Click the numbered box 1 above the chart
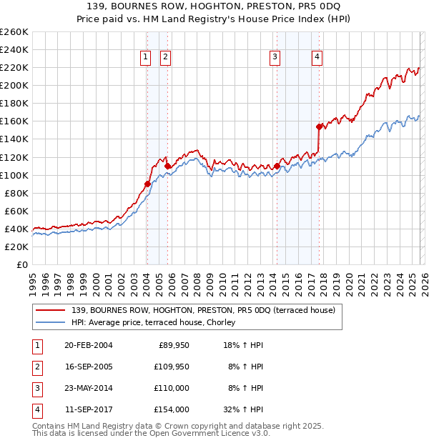146,58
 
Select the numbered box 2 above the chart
166,58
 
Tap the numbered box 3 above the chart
275,58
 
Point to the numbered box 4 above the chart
317,58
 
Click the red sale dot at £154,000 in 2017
320,126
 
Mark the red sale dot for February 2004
147,184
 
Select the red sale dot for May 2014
277,166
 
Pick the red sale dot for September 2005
167,166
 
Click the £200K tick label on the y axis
14,85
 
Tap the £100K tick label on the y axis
14,175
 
